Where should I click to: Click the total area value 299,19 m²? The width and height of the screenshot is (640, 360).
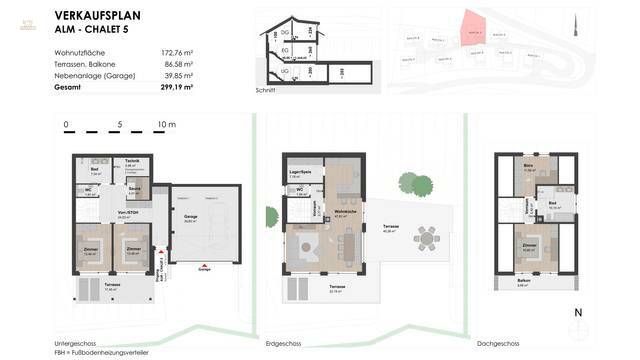(x=176, y=87)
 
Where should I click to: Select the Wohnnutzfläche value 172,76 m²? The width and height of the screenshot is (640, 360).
(x=176, y=49)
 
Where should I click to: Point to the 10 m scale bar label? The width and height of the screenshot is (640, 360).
(x=165, y=126)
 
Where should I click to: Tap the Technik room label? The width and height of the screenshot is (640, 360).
(x=132, y=161)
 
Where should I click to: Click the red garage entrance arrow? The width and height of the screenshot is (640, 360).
(x=204, y=265)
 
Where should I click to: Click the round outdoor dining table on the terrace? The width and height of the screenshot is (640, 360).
(x=427, y=238)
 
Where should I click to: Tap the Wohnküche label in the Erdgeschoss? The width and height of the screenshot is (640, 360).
(x=346, y=213)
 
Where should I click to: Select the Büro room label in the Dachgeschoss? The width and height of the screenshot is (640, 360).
(x=529, y=166)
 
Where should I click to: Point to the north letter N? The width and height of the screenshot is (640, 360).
(x=577, y=313)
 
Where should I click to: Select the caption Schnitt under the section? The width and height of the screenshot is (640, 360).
(x=265, y=90)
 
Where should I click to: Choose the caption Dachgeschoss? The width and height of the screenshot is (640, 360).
(x=500, y=344)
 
